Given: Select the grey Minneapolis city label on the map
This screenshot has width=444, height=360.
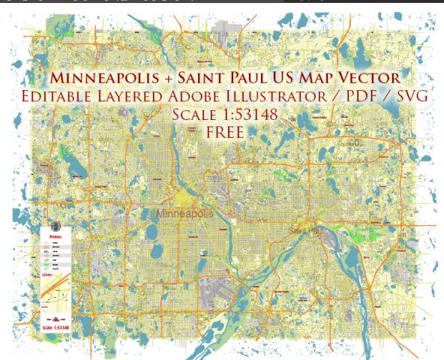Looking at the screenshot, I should pos(184,214).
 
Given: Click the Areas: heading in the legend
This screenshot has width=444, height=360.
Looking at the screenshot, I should pos(56,235).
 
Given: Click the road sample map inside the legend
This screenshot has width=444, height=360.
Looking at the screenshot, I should pos(56,296).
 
